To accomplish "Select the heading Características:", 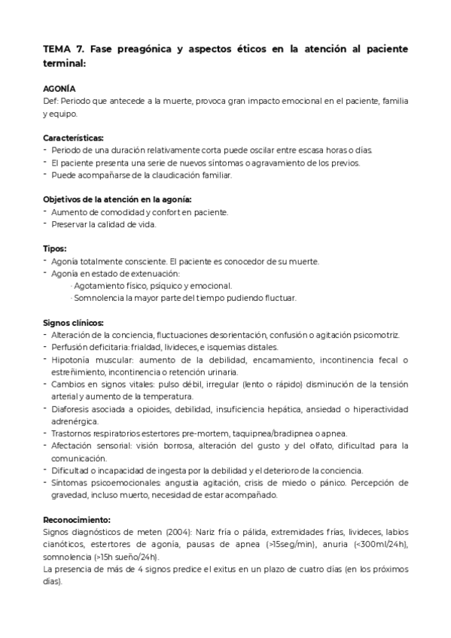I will pos(74,138).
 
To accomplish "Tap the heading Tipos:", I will pos(55,248).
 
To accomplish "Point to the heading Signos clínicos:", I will pos(73,322).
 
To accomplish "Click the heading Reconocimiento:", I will pos(77,519).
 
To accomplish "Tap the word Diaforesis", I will pos(73,409).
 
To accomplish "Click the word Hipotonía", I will pos(73,360).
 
